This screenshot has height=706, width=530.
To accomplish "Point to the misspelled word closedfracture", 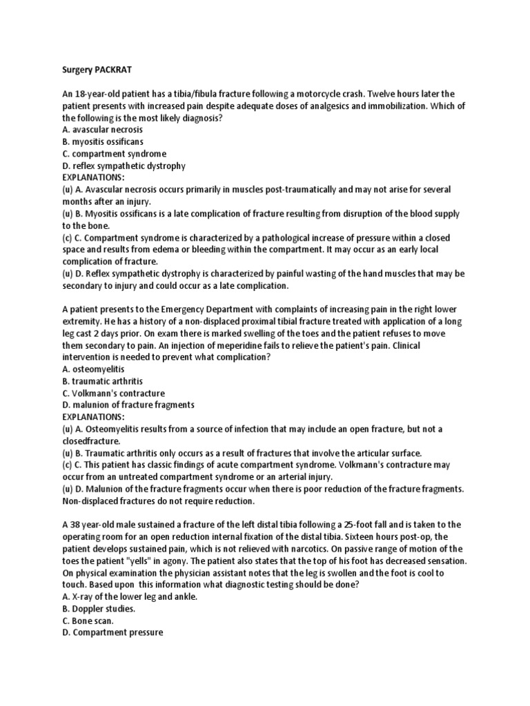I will pos(90,441).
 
